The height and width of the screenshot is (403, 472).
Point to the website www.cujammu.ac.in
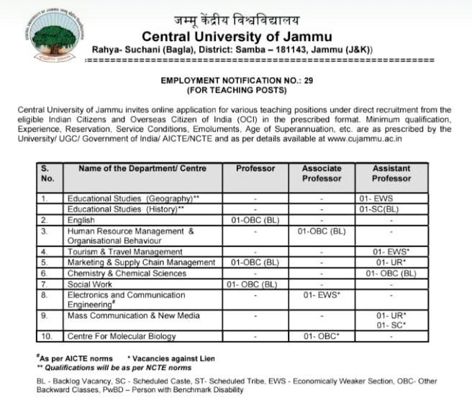tap(347, 140)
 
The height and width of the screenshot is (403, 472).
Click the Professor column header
tap(255, 168)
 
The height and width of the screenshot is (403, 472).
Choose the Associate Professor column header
tap(322, 173)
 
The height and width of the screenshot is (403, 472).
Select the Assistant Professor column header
tap(391, 173)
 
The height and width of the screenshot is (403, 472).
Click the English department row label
tap(81, 219)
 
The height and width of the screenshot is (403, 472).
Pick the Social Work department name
tap(90, 284)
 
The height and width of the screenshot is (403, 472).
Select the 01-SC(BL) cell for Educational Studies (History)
tap(391, 208)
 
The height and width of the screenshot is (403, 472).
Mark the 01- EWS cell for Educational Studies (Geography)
tap(391, 198)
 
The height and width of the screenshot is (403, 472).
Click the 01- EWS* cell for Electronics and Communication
tap(322, 295)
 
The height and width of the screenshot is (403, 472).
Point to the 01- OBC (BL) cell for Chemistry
tap(391, 273)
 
